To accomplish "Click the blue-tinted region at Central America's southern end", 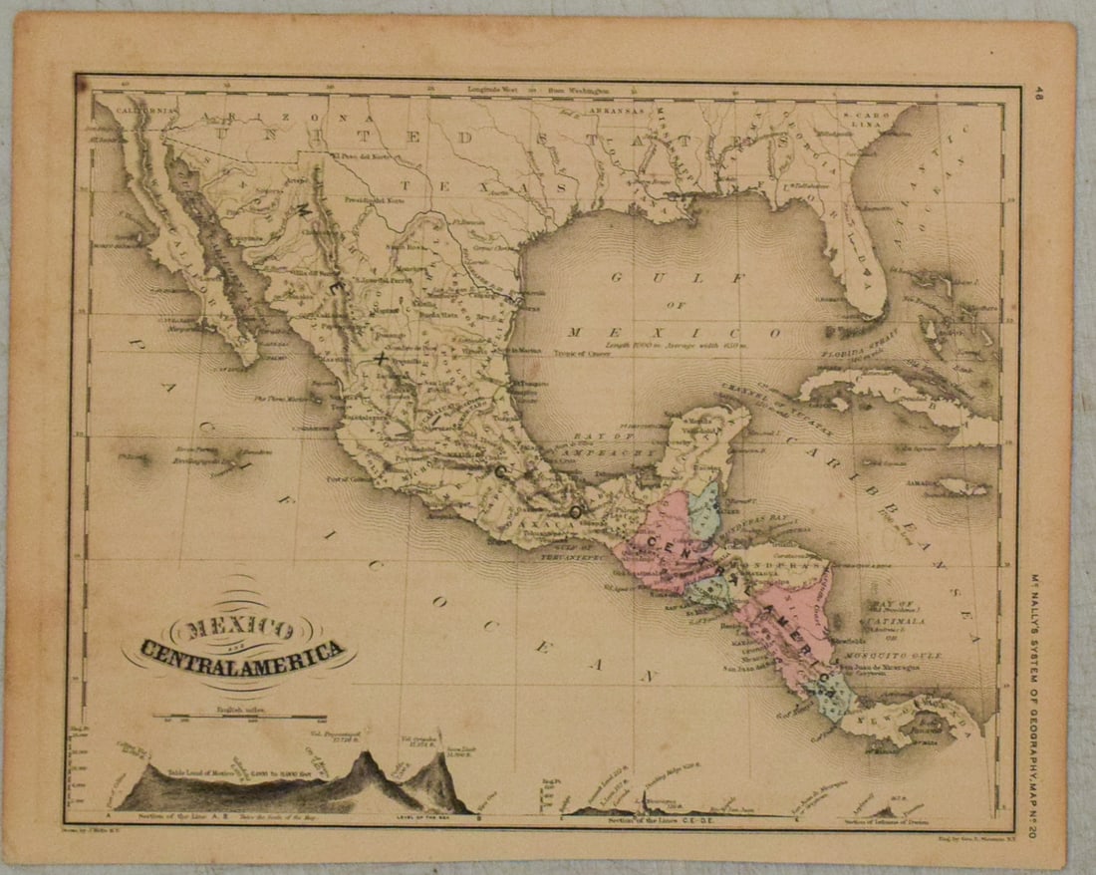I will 833,695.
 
